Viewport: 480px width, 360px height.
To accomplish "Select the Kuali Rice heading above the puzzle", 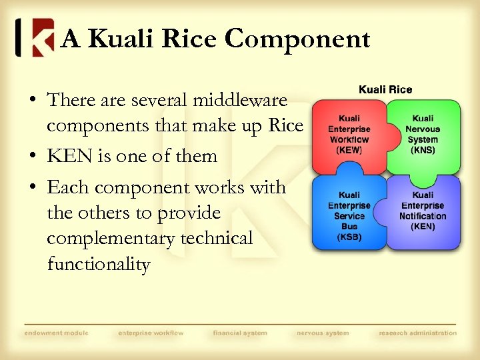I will pyautogui.click(x=385, y=89).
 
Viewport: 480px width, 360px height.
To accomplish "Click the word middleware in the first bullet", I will pyautogui.click(x=239, y=101).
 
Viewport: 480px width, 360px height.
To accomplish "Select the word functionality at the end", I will pyautogui.click(x=99, y=265).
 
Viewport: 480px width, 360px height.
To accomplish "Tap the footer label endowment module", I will pyautogui.click(x=56, y=333).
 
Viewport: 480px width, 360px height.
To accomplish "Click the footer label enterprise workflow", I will pyautogui.click(x=151, y=333).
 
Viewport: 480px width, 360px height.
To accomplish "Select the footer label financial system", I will pyautogui.click(x=240, y=333).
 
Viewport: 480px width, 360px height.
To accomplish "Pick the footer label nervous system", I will pyautogui.click(x=323, y=333).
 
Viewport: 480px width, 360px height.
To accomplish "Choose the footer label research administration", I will pyautogui.click(x=418, y=333).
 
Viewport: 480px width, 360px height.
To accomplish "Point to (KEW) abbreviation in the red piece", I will pyautogui.click(x=349, y=150).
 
